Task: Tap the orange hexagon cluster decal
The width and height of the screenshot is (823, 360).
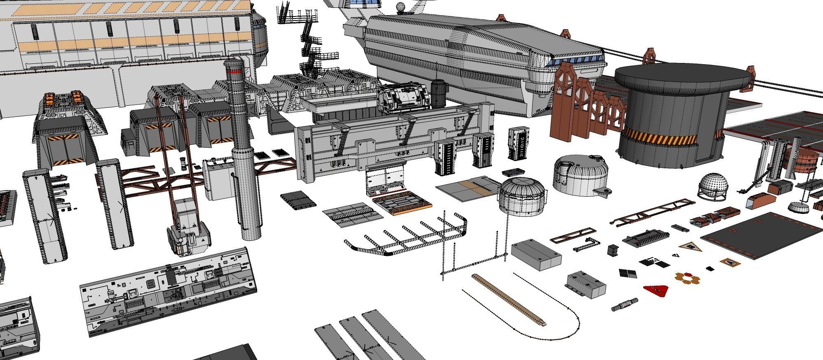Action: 686,279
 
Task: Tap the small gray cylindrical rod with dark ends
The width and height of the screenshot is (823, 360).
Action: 624,305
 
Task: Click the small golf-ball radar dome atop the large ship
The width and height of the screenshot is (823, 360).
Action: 401,7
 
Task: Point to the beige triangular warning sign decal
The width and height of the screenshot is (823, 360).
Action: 690,247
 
